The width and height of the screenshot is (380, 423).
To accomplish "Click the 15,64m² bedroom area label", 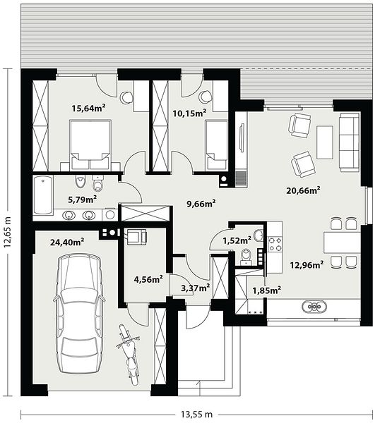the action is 88,108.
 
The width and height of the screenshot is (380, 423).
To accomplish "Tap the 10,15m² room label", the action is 189,113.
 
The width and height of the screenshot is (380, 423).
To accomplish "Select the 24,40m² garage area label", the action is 67,242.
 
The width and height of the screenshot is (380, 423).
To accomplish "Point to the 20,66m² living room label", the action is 303,190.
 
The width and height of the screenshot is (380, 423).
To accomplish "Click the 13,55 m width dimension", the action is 196,414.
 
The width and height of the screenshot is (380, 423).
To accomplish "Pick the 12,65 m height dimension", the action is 7,232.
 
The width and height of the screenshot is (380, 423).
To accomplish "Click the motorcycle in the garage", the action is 129,355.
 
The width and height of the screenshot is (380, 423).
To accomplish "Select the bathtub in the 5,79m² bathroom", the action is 43,195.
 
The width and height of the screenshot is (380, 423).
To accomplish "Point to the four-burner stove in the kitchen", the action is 275,244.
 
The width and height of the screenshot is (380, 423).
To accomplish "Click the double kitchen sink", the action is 314,307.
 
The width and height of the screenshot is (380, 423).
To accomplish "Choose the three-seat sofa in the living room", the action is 350,142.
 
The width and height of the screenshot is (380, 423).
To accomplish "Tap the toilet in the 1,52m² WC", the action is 247,257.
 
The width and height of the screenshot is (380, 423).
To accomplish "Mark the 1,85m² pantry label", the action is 266,290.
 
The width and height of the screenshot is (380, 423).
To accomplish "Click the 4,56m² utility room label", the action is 148,279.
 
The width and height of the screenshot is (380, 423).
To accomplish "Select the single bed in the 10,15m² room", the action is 216,145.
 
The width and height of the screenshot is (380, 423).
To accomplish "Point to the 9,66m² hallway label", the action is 201,204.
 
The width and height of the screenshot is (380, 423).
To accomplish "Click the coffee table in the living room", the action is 325,142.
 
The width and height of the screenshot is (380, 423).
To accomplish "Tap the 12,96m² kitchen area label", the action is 307,265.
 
